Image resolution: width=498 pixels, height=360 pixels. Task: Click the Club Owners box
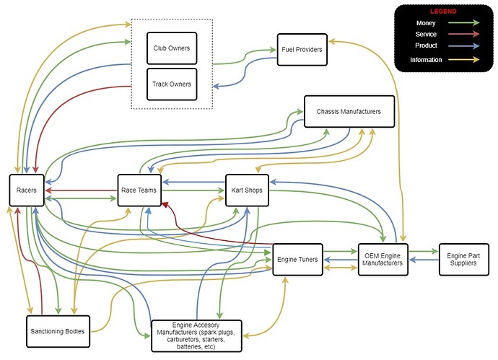tap(172, 48)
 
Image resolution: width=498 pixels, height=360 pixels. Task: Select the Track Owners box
tap(172, 84)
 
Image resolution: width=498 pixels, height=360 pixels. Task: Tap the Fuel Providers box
tap(302, 50)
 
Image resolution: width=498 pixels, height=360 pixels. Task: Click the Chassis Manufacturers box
tap(349, 111)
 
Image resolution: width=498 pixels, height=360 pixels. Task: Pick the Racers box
tap(27, 190)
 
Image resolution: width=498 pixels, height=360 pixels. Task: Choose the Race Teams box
tap(139, 190)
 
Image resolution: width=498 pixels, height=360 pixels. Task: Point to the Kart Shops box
tap(247, 190)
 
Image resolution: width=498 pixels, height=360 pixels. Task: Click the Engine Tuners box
tap(297, 260)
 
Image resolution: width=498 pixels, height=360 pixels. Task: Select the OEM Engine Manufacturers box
tap(383, 260)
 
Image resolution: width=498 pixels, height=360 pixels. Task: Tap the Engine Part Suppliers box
tap(463, 260)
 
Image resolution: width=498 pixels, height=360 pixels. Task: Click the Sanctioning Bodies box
tap(58, 331)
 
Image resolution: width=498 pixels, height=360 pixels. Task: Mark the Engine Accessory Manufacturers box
tap(196, 336)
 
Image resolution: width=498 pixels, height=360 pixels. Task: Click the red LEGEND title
tap(443, 12)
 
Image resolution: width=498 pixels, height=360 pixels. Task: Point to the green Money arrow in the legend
tap(463, 22)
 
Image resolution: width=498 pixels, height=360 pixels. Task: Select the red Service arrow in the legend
tap(463, 34)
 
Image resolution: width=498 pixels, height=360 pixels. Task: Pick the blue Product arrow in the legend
tap(463, 45)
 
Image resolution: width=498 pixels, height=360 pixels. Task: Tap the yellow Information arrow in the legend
tap(463, 59)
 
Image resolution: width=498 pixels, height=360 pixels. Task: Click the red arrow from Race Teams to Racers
tap(82, 190)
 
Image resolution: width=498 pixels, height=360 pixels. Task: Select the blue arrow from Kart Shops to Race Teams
tap(193, 183)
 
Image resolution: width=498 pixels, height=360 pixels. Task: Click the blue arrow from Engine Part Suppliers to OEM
tap(424, 260)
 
